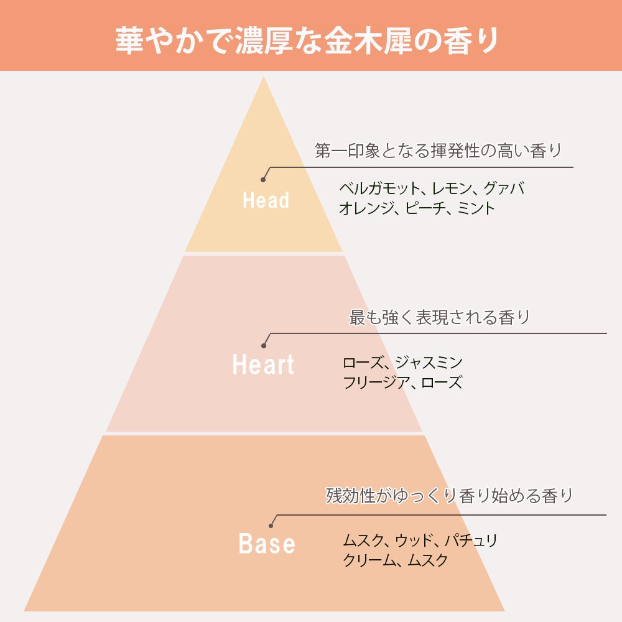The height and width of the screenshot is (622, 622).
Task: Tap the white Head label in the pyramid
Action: (266, 200)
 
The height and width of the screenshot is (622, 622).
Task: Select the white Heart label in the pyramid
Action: (263, 364)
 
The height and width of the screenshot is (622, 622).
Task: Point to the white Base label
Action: (267, 544)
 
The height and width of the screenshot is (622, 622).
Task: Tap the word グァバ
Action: (504, 188)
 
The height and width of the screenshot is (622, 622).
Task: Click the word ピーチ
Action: (426, 208)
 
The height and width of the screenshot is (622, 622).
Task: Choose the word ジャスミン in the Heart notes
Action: (429, 362)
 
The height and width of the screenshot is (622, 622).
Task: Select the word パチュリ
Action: (471, 540)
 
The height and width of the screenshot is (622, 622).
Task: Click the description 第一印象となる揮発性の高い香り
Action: (438, 151)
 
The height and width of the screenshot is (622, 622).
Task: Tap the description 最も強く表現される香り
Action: (439, 318)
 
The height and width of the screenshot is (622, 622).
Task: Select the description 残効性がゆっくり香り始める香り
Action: (449, 496)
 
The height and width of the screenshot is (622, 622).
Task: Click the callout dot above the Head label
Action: (263, 179)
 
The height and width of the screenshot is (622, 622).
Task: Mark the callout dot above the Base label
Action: (271, 526)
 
